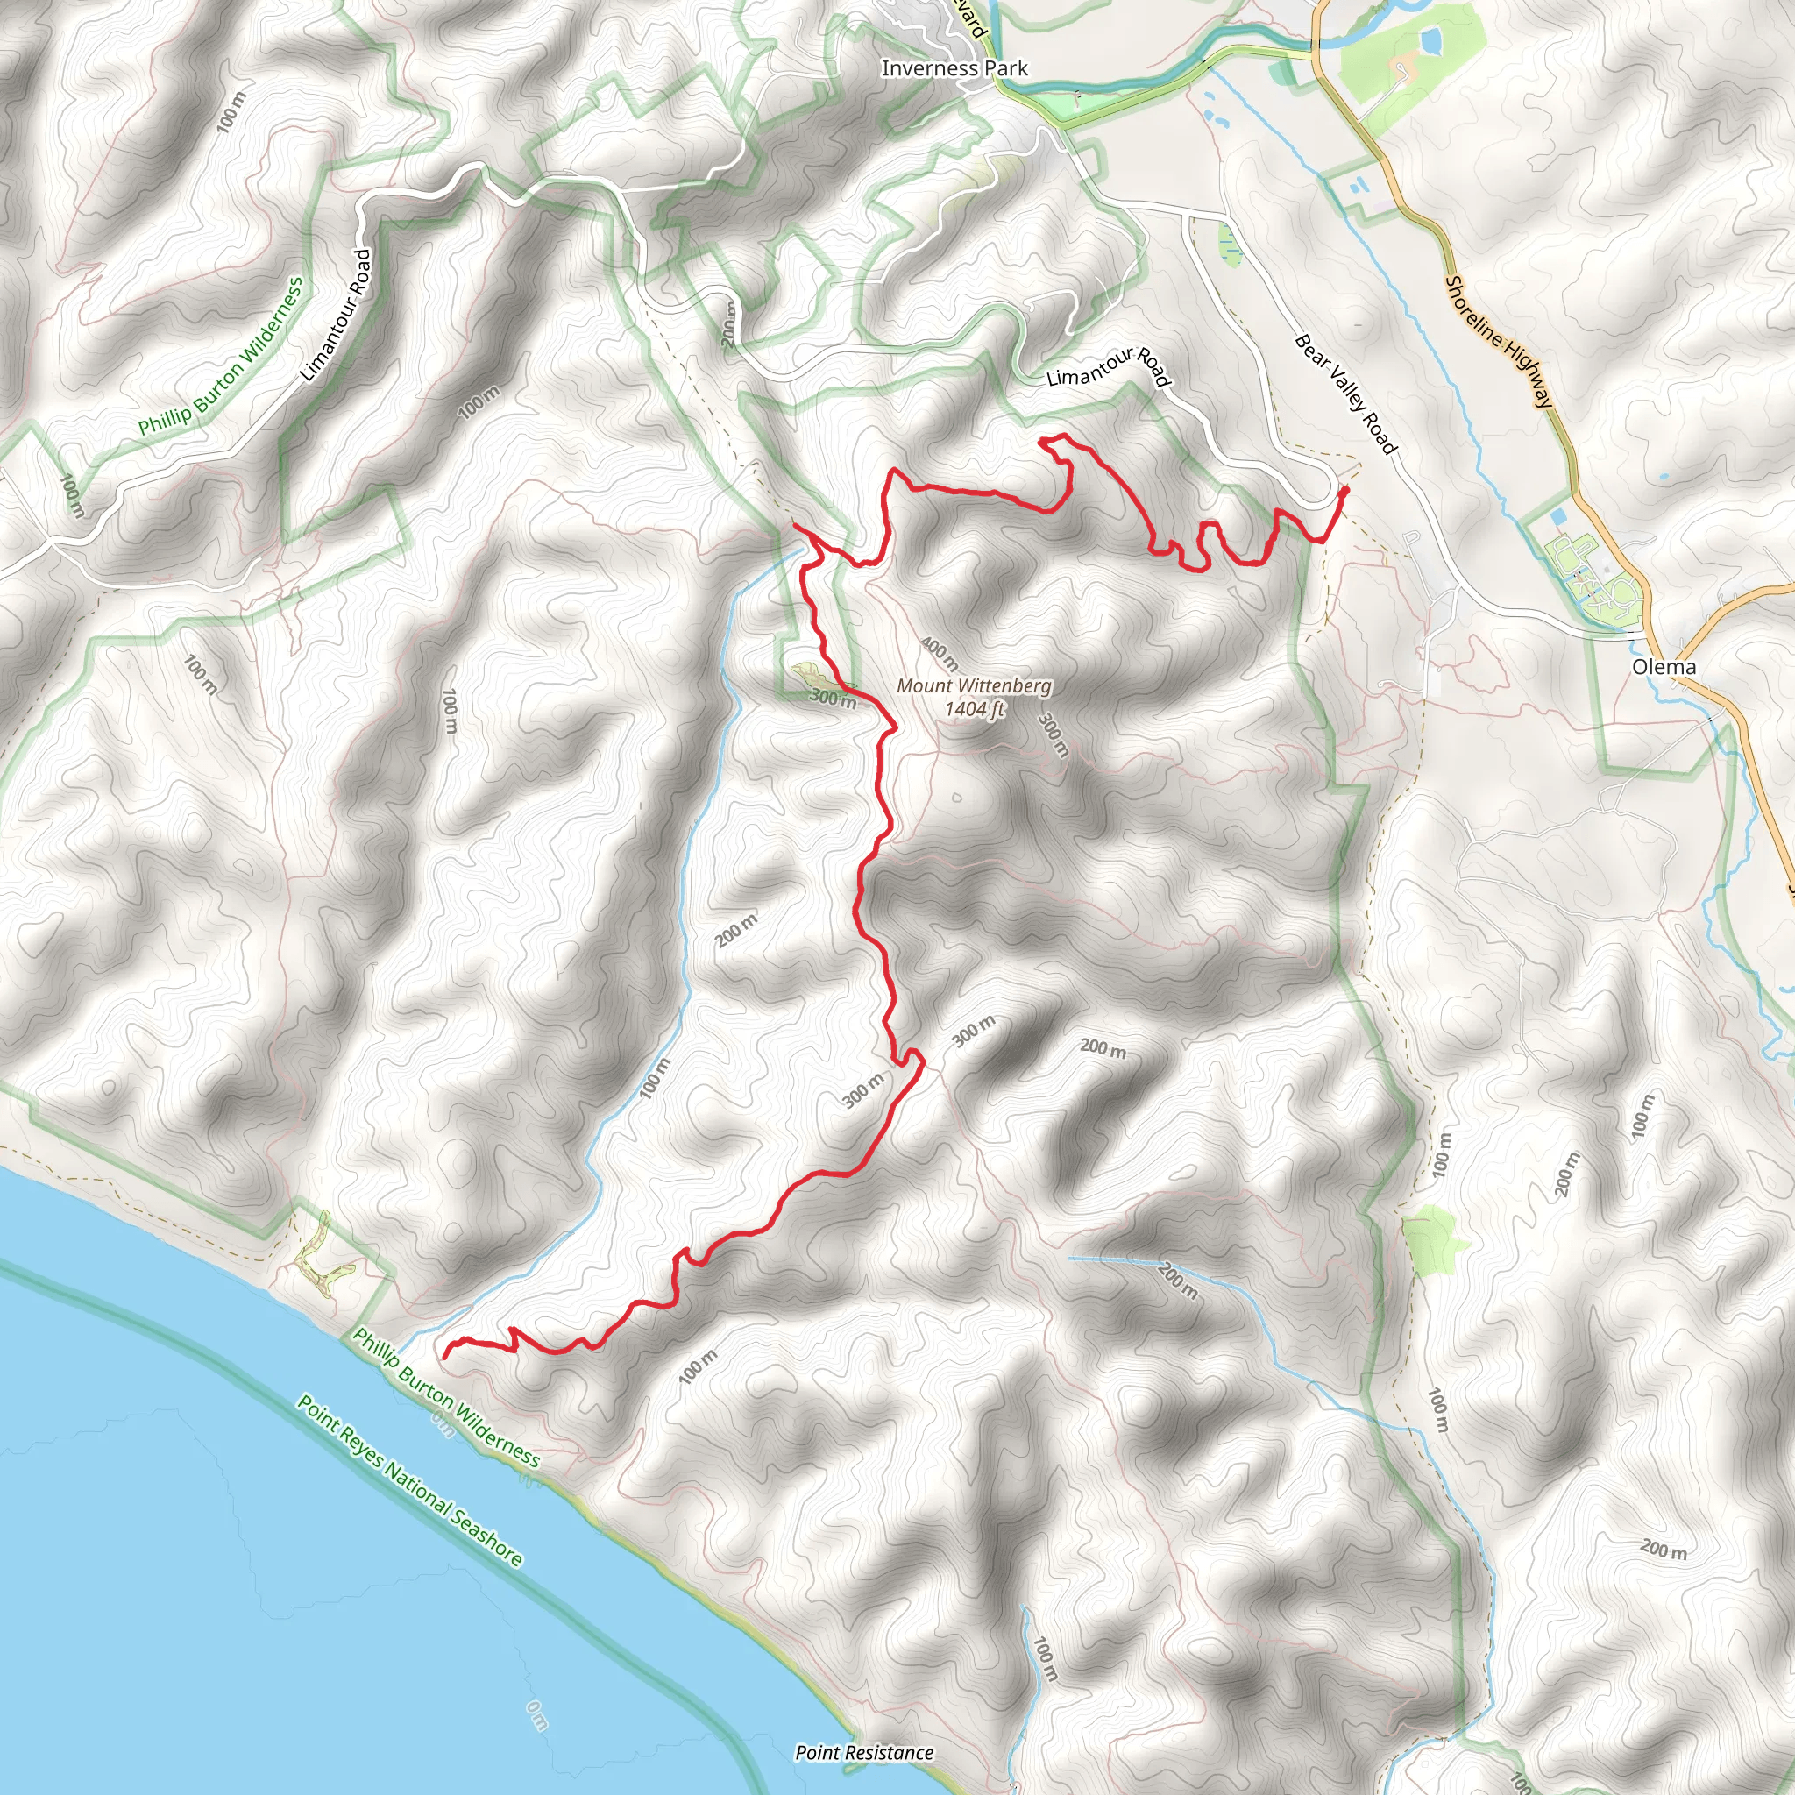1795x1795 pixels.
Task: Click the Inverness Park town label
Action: click(x=954, y=67)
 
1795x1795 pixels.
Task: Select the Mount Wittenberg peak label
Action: click(x=974, y=685)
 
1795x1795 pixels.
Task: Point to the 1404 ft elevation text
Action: click(x=975, y=709)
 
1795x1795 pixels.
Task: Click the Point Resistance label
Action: click(x=864, y=1752)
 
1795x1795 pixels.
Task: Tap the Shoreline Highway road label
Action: click(x=1498, y=341)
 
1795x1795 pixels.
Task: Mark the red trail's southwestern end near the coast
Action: click(x=444, y=1358)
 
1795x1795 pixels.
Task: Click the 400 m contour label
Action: click(x=940, y=654)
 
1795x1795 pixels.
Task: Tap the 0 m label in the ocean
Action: click(x=536, y=1715)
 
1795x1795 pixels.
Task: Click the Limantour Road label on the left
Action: click(x=337, y=314)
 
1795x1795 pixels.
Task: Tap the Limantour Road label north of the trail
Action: click(x=1108, y=366)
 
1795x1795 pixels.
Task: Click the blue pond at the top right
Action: click(x=1430, y=39)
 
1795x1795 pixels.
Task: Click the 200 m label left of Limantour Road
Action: click(x=729, y=324)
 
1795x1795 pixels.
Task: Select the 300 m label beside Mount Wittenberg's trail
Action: click(x=833, y=699)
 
